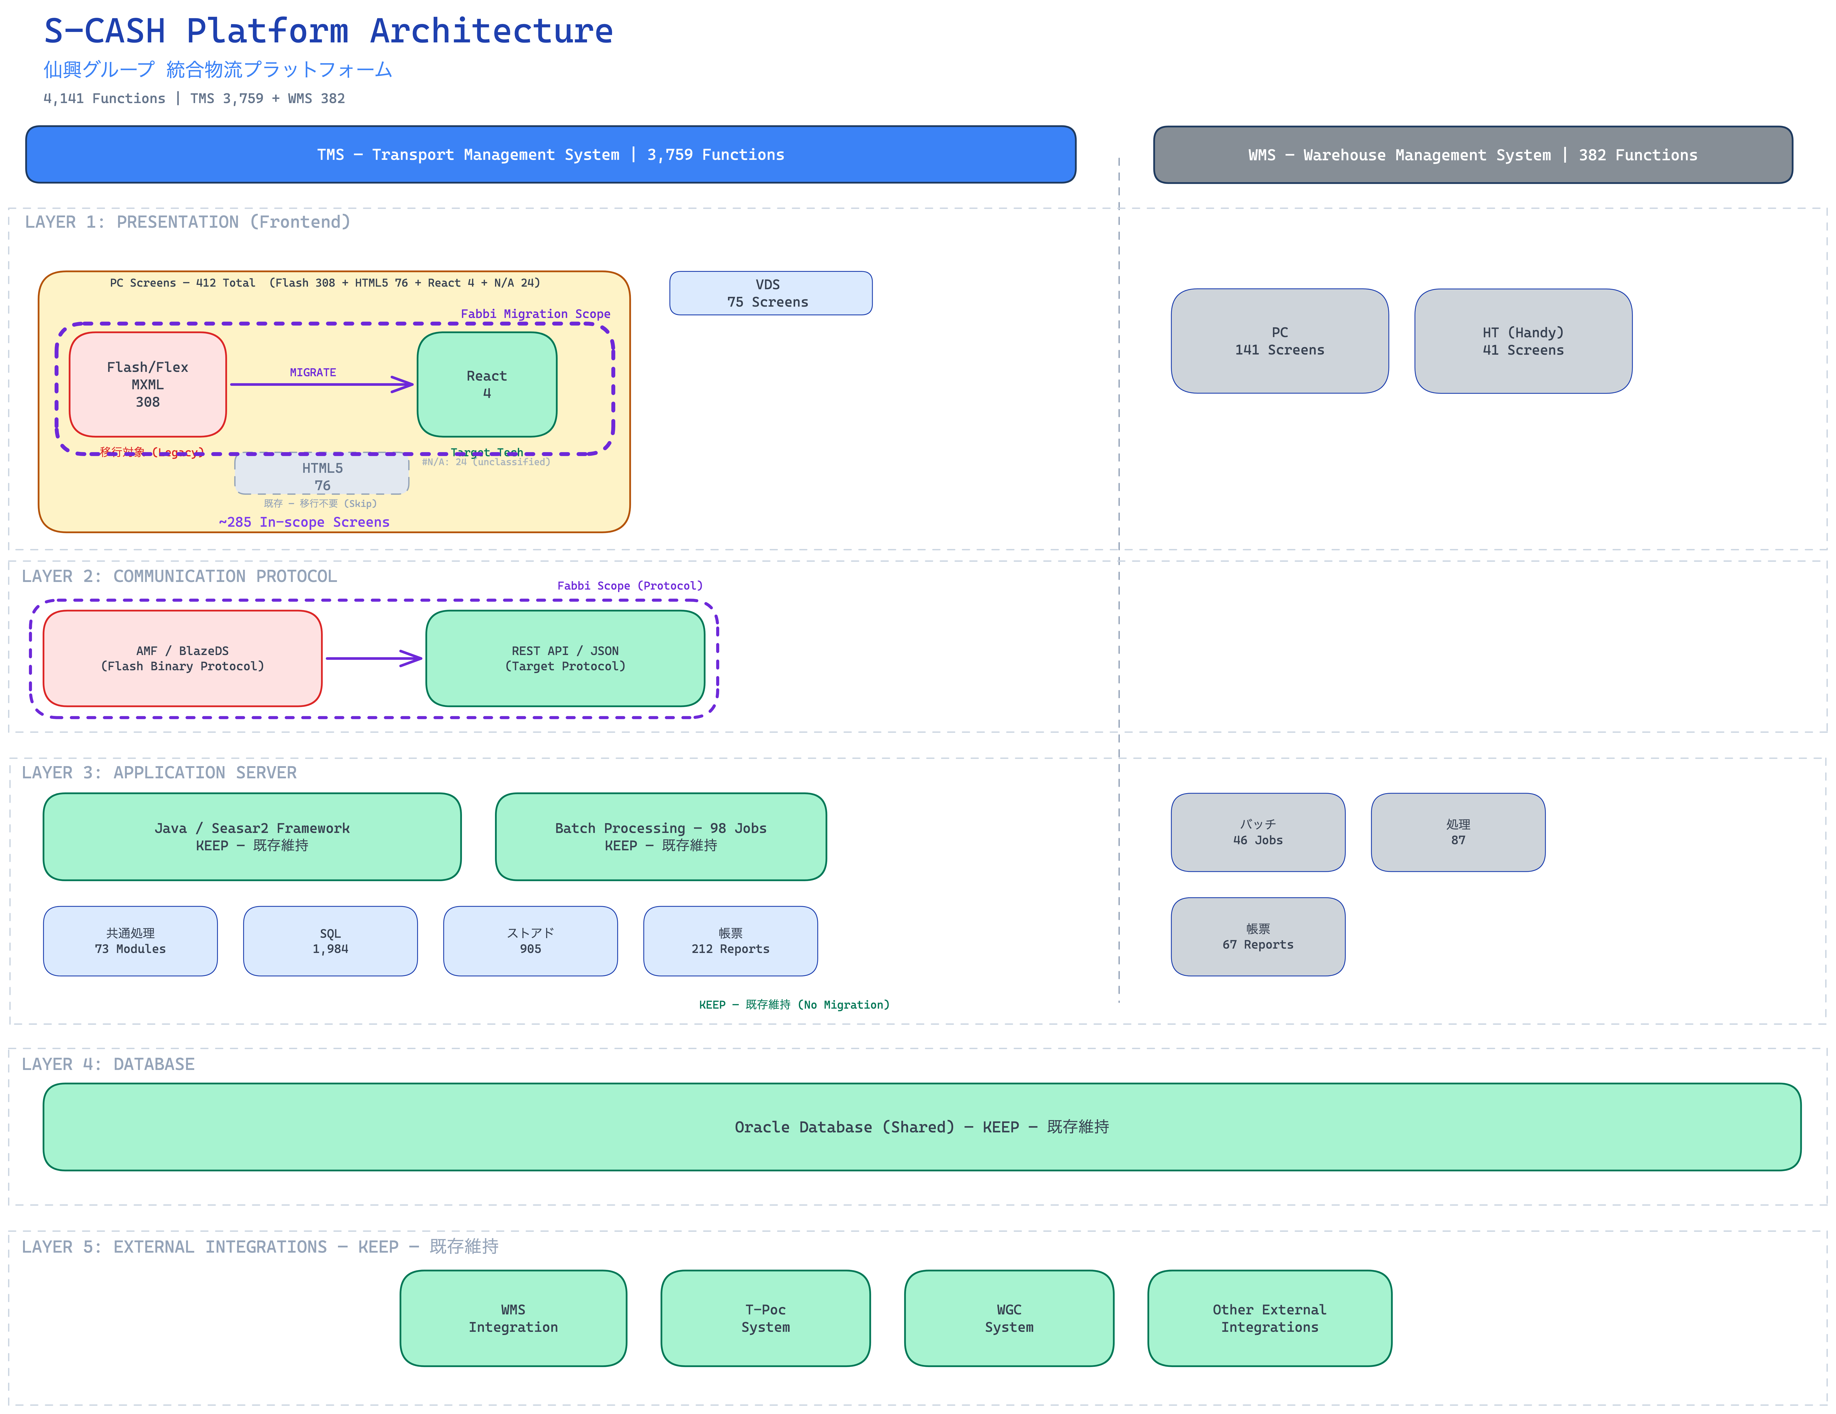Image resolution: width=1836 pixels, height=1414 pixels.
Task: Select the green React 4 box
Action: click(487, 384)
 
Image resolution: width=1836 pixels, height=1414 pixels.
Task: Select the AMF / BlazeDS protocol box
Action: click(182, 658)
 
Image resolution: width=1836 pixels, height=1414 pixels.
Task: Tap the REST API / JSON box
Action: click(565, 658)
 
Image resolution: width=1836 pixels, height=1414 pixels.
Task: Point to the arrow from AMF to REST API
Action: click(373, 658)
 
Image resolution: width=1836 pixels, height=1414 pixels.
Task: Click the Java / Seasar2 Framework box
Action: click(252, 836)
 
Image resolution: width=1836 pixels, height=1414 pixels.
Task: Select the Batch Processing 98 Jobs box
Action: click(661, 836)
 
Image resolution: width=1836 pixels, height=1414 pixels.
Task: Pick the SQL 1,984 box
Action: click(330, 941)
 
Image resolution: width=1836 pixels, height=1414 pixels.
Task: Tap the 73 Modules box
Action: click(130, 941)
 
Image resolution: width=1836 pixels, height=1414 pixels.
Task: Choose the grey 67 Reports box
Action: click(1258, 936)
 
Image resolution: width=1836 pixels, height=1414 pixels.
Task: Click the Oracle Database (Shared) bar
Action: click(921, 1127)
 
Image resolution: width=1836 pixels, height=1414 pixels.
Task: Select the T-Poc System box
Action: click(765, 1317)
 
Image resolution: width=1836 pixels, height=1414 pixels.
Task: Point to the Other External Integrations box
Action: click(1269, 1317)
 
